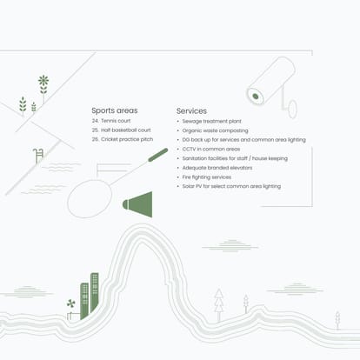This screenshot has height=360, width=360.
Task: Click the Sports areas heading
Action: [x=115, y=110]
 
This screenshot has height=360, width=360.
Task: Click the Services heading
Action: [x=191, y=111]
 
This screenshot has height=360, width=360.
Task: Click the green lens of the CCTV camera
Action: [x=256, y=97]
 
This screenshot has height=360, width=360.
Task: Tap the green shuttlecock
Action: [x=137, y=204]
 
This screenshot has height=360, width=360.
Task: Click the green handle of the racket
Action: [x=158, y=155]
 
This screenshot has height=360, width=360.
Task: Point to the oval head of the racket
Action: [x=90, y=198]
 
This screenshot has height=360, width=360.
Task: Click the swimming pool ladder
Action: [x=38, y=156]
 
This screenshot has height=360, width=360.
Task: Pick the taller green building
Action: [x=95, y=293]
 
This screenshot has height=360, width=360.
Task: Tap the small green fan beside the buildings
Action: [x=70, y=303]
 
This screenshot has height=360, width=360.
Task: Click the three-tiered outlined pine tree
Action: [x=219, y=304]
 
